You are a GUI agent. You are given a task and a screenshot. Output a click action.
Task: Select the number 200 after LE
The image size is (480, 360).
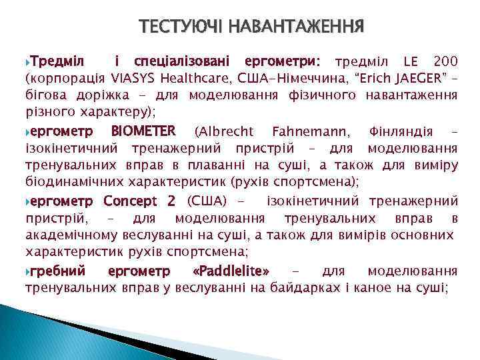(443, 62)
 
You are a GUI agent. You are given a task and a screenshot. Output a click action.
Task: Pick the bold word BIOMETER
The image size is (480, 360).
(143, 129)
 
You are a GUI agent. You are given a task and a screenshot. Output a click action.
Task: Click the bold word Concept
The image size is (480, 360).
(129, 201)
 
